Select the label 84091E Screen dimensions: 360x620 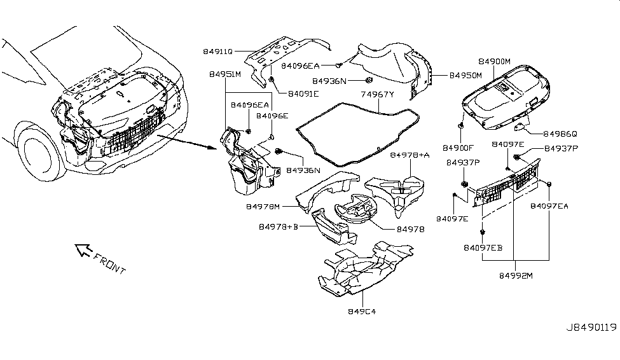(x=303, y=93)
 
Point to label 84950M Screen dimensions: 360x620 (x=466, y=75)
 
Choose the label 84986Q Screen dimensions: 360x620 (x=560, y=134)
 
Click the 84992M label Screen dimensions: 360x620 (x=515, y=276)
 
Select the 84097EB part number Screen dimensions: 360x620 (x=483, y=247)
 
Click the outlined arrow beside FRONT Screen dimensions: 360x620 (x=83, y=250)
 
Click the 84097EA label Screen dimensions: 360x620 (x=551, y=205)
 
